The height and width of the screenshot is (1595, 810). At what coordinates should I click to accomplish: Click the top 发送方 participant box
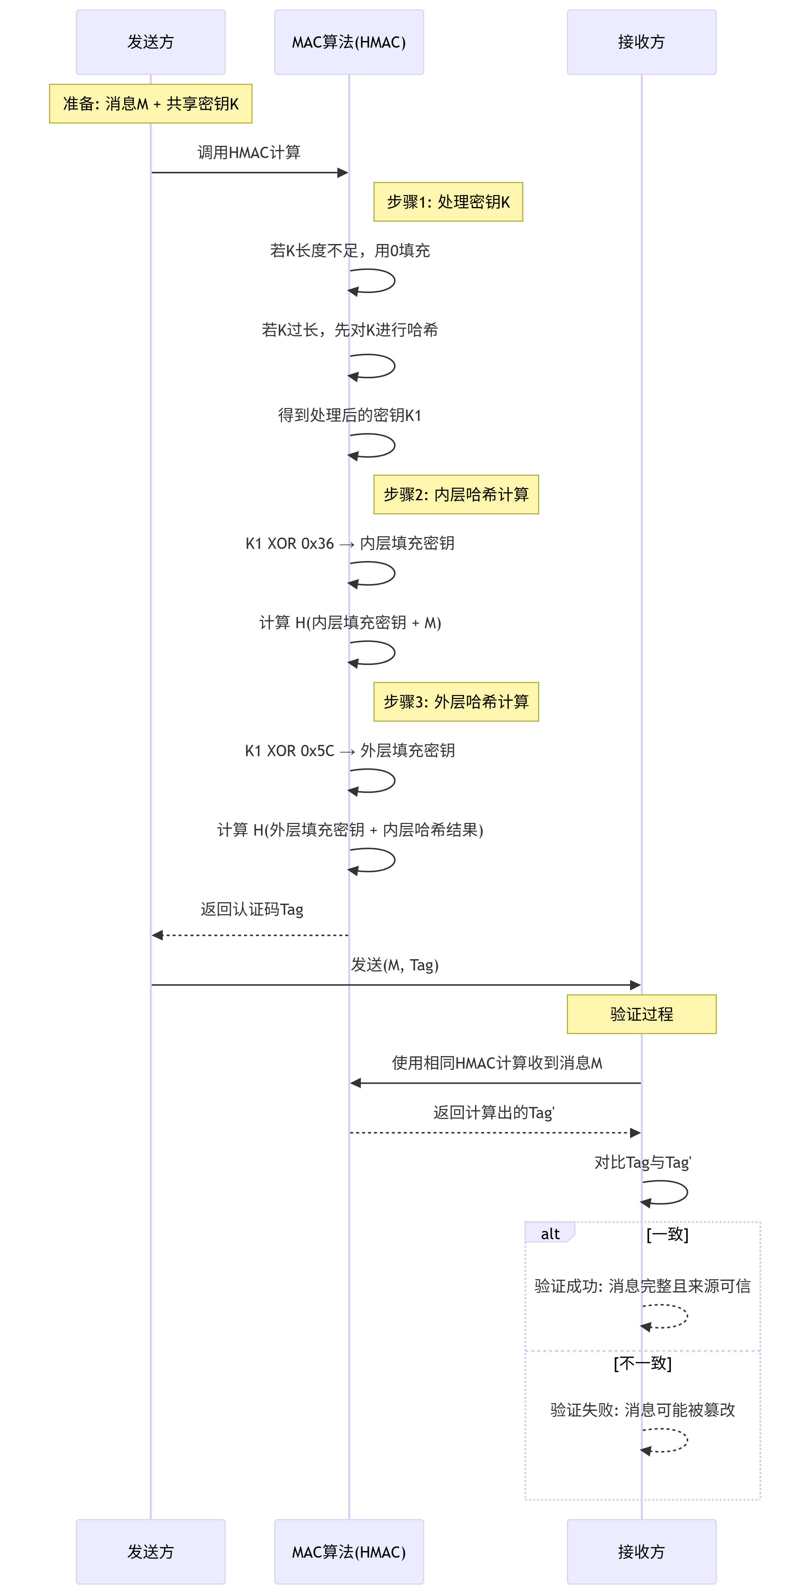click(x=150, y=42)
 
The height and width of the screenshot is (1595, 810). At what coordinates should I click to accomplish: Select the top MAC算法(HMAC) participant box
click(x=349, y=42)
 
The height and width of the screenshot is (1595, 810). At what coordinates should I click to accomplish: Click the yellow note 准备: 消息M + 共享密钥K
click(x=150, y=103)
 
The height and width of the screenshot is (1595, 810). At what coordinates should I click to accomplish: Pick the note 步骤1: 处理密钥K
click(x=448, y=202)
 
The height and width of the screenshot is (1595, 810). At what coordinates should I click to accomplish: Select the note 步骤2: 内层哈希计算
click(x=456, y=494)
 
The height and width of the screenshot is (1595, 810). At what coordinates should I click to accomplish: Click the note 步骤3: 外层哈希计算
click(x=456, y=702)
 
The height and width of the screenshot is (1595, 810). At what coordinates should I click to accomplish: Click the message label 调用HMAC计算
click(x=249, y=152)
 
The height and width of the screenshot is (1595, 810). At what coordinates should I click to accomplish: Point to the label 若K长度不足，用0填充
click(x=350, y=251)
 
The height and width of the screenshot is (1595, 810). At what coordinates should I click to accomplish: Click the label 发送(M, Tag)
click(x=395, y=965)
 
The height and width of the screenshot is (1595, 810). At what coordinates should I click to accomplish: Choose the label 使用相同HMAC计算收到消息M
click(x=497, y=1063)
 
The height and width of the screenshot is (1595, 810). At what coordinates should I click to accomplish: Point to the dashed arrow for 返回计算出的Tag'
click(x=495, y=1132)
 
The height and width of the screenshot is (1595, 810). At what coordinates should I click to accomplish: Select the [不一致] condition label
click(x=642, y=1363)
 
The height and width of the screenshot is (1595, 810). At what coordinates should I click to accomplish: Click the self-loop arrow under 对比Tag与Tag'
click(x=675, y=1192)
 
